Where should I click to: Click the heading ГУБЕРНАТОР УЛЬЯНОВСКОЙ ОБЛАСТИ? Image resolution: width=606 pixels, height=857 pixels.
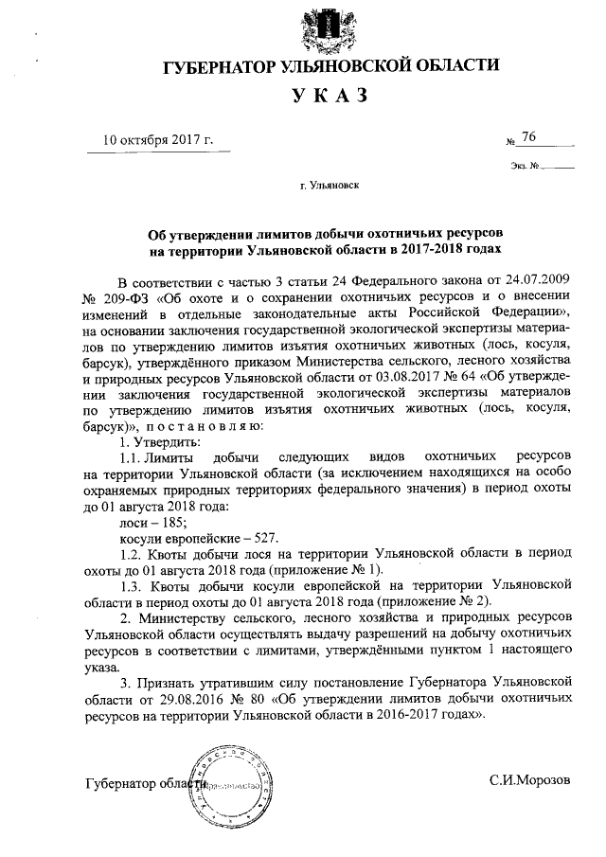pos(331,66)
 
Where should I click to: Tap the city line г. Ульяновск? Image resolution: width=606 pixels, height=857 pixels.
pos(330,187)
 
